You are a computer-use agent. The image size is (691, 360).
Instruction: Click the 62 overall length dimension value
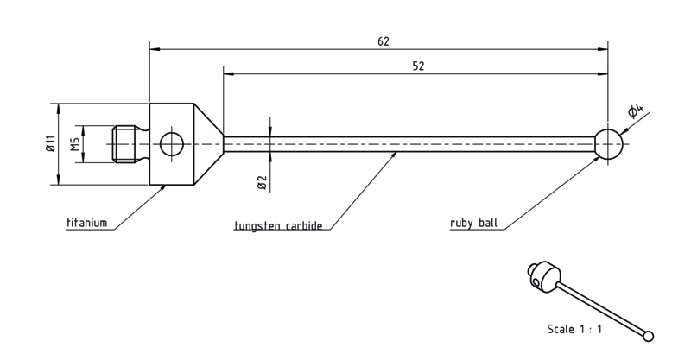[384, 41]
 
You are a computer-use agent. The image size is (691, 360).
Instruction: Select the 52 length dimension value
[418, 66]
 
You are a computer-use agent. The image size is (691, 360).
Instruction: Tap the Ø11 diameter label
[51, 143]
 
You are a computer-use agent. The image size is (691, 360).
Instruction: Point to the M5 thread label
[76, 144]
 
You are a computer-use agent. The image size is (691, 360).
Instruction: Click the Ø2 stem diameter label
[262, 182]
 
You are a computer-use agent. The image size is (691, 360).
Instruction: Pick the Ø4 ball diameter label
[635, 111]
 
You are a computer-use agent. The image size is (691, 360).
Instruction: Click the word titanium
[87, 223]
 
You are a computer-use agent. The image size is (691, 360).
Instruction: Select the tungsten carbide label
[278, 225]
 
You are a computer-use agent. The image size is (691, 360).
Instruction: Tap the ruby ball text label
[473, 223]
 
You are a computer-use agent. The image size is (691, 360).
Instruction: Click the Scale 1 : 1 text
[574, 329]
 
